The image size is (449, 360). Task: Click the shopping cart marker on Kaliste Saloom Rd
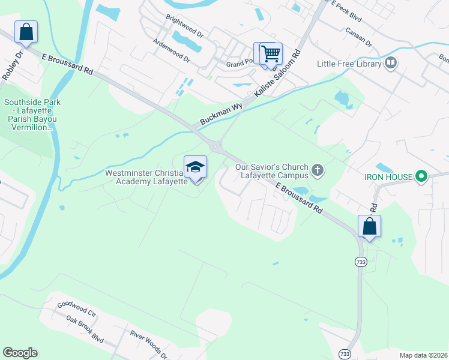(x=271, y=53)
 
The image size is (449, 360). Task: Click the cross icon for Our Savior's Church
(x=318, y=172)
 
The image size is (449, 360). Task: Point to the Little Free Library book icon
(x=391, y=63)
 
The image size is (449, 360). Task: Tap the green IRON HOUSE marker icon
(x=421, y=176)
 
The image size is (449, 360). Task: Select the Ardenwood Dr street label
(x=171, y=52)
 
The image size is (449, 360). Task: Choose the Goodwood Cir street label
(x=76, y=309)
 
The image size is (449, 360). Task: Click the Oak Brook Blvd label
(x=86, y=329)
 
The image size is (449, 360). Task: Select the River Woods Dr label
(x=148, y=344)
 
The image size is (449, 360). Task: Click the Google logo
(x=20, y=353)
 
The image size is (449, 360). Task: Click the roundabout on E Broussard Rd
(x=215, y=146)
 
